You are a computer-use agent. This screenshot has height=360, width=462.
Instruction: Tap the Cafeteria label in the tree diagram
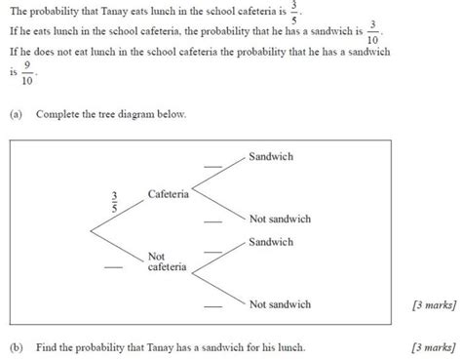[x=168, y=195]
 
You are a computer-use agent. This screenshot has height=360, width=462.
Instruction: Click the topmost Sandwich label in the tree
[x=271, y=157]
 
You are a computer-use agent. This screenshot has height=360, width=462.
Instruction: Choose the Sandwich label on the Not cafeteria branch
[x=271, y=241]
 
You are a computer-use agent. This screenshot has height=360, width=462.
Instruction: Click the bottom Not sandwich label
[x=280, y=304]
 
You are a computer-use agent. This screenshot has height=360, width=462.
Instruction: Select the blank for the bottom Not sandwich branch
[x=212, y=307]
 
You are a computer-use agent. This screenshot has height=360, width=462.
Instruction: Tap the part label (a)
[x=16, y=114]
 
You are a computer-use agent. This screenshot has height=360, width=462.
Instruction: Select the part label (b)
[x=16, y=346]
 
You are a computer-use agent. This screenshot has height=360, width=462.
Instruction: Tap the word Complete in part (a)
[x=58, y=114]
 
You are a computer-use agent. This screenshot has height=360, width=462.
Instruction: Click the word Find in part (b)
[x=47, y=346]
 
